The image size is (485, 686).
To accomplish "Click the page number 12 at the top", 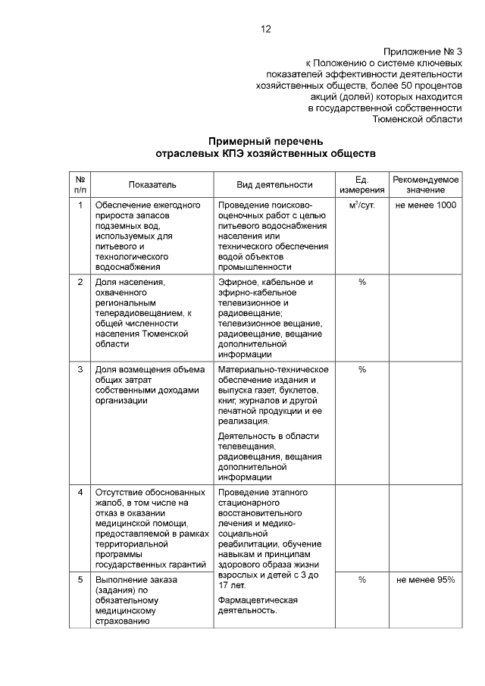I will click(x=265, y=30).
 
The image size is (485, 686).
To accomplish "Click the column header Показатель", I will click(x=152, y=184).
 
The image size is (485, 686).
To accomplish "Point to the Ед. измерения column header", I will click(x=361, y=184).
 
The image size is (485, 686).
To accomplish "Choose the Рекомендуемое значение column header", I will click(x=425, y=184).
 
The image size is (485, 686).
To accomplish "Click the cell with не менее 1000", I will click(x=426, y=205).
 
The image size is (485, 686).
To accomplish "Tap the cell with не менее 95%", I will click(x=426, y=580).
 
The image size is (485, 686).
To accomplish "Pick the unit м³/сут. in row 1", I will click(x=361, y=205).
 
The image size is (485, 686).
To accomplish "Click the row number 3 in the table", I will click(x=80, y=370).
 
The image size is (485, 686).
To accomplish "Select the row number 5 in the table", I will click(x=80, y=580).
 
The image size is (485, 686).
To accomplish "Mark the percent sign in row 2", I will click(x=362, y=282).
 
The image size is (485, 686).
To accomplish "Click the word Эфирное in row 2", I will click(x=236, y=282).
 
